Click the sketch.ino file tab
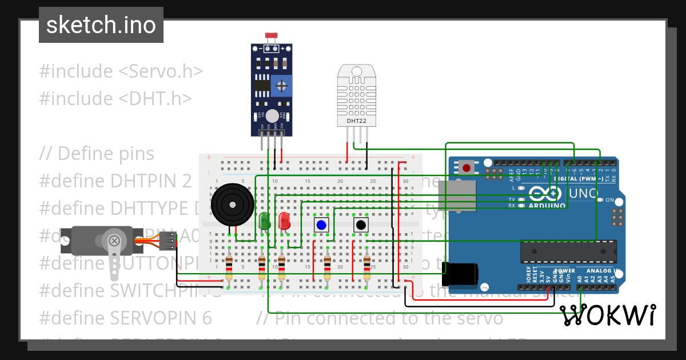pyautogui.click(x=101, y=25)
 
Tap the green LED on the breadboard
pyautogui.click(x=265, y=221)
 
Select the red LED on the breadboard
pyautogui.click(x=284, y=221)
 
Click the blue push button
pyautogui.click(x=321, y=225)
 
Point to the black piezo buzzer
pyautogui.click(x=231, y=205)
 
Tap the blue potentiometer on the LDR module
pyautogui.click(x=281, y=86)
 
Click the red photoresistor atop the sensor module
pyautogui.click(x=272, y=37)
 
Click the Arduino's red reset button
pyautogui.click(x=466, y=168)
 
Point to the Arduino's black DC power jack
pyautogui.click(x=464, y=273)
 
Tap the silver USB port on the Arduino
pyautogui.click(x=460, y=196)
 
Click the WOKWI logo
pyautogui.click(x=607, y=315)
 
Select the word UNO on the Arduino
pyautogui.click(x=583, y=193)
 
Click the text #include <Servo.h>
pyautogui.click(x=121, y=71)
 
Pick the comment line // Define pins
pyautogui.click(x=97, y=154)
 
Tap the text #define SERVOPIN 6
pyautogui.click(x=125, y=317)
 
